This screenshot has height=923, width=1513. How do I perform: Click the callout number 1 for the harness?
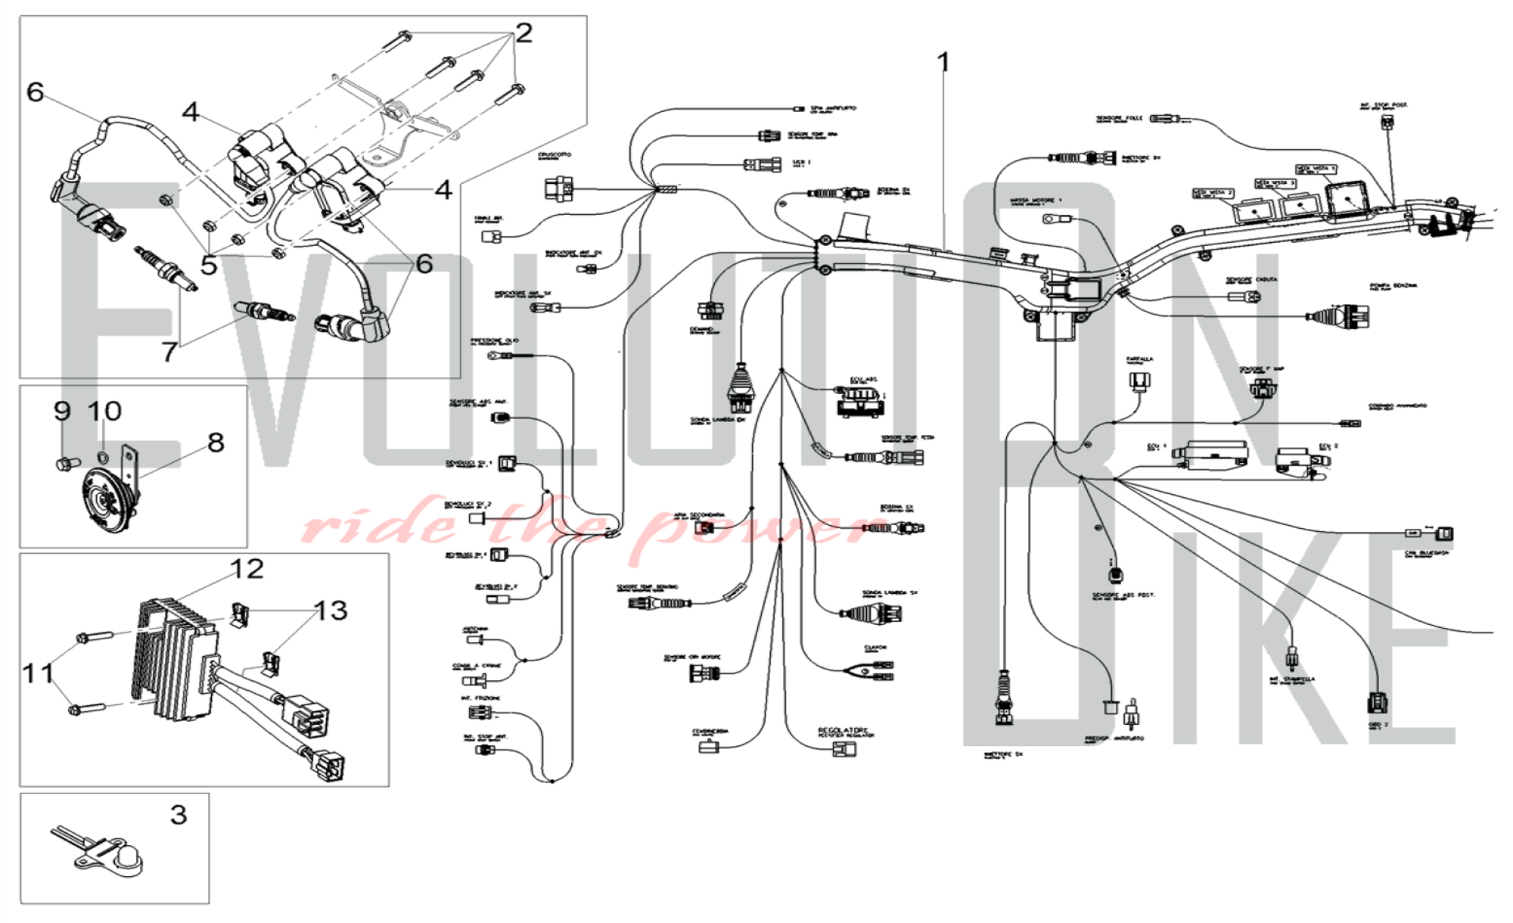(943, 61)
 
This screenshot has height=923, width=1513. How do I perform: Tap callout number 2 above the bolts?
(523, 33)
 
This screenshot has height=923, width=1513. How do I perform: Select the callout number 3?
(178, 815)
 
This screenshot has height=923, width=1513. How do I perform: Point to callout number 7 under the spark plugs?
(169, 351)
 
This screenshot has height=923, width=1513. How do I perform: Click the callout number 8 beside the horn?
(216, 442)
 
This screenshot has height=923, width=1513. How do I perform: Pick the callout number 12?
(247, 569)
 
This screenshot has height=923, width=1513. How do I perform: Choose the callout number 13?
(331, 610)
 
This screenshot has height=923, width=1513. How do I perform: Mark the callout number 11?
(37, 672)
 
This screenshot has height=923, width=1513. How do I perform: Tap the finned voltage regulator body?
(174, 658)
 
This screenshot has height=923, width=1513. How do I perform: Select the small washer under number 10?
(103, 457)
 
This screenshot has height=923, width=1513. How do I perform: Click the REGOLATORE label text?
(843, 730)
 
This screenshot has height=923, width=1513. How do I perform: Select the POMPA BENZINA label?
(1393, 286)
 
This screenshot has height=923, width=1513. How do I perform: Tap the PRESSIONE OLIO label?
(495, 341)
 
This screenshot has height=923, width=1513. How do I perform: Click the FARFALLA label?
(1139, 359)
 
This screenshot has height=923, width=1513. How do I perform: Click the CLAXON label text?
(875, 648)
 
